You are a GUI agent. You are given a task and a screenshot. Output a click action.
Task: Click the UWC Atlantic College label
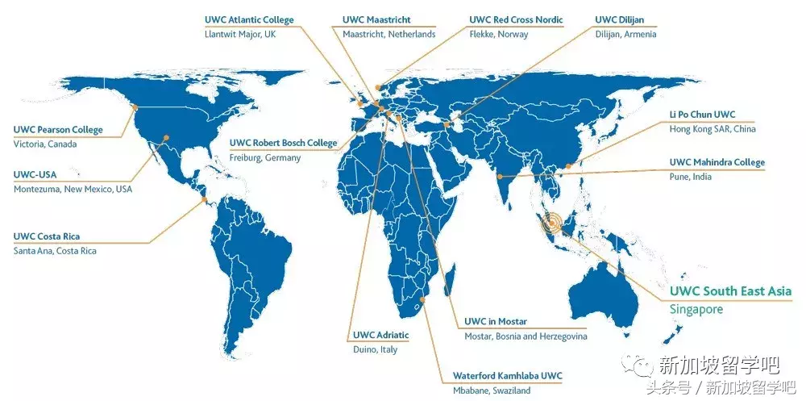coord(250,19)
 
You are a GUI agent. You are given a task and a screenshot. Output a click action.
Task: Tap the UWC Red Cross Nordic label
coord(516,19)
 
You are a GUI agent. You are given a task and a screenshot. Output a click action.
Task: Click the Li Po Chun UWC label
coord(703,115)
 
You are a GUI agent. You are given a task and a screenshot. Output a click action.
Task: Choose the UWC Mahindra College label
coord(717,162)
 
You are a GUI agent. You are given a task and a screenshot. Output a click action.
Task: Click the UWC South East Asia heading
coord(731,290)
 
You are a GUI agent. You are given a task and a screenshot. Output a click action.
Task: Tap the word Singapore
coord(696,309)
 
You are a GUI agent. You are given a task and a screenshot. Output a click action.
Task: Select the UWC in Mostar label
coord(496,322)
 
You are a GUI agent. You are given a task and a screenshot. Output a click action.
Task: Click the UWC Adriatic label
coord(381,335)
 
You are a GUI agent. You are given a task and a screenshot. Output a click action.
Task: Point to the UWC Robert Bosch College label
coord(283,143)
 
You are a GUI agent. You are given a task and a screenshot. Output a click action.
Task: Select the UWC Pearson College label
coord(59,129)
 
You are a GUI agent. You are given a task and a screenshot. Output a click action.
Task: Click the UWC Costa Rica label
coord(47,236)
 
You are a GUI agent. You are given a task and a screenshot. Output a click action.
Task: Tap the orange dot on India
coord(501,176)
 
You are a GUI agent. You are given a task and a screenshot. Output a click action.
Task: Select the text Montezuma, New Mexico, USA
coord(73,189)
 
